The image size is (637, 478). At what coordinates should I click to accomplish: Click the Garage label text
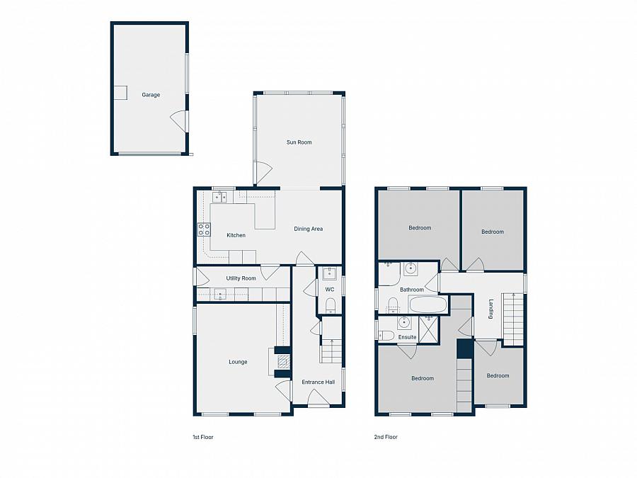click(151, 95)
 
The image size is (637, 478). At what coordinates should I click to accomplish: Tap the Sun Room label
click(299, 142)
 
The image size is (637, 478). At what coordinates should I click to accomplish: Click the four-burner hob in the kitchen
click(204, 229)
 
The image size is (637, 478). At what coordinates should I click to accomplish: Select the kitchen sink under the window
click(219, 198)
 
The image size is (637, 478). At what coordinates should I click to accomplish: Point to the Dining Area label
click(309, 229)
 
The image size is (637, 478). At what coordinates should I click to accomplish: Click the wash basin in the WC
click(329, 274)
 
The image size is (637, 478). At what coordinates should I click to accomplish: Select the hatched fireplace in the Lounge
click(283, 361)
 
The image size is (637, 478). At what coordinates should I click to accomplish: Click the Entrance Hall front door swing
click(318, 400)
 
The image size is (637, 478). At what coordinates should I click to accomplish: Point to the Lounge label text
click(238, 362)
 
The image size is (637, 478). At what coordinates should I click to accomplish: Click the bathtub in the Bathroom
click(427, 306)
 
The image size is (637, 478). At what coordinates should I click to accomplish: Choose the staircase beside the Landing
click(513, 318)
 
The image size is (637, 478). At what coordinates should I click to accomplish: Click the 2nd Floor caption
click(386, 438)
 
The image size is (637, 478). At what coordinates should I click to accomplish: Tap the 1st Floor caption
click(202, 438)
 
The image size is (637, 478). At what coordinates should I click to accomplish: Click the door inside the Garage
click(179, 120)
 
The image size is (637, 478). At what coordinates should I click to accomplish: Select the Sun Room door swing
click(263, 171)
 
